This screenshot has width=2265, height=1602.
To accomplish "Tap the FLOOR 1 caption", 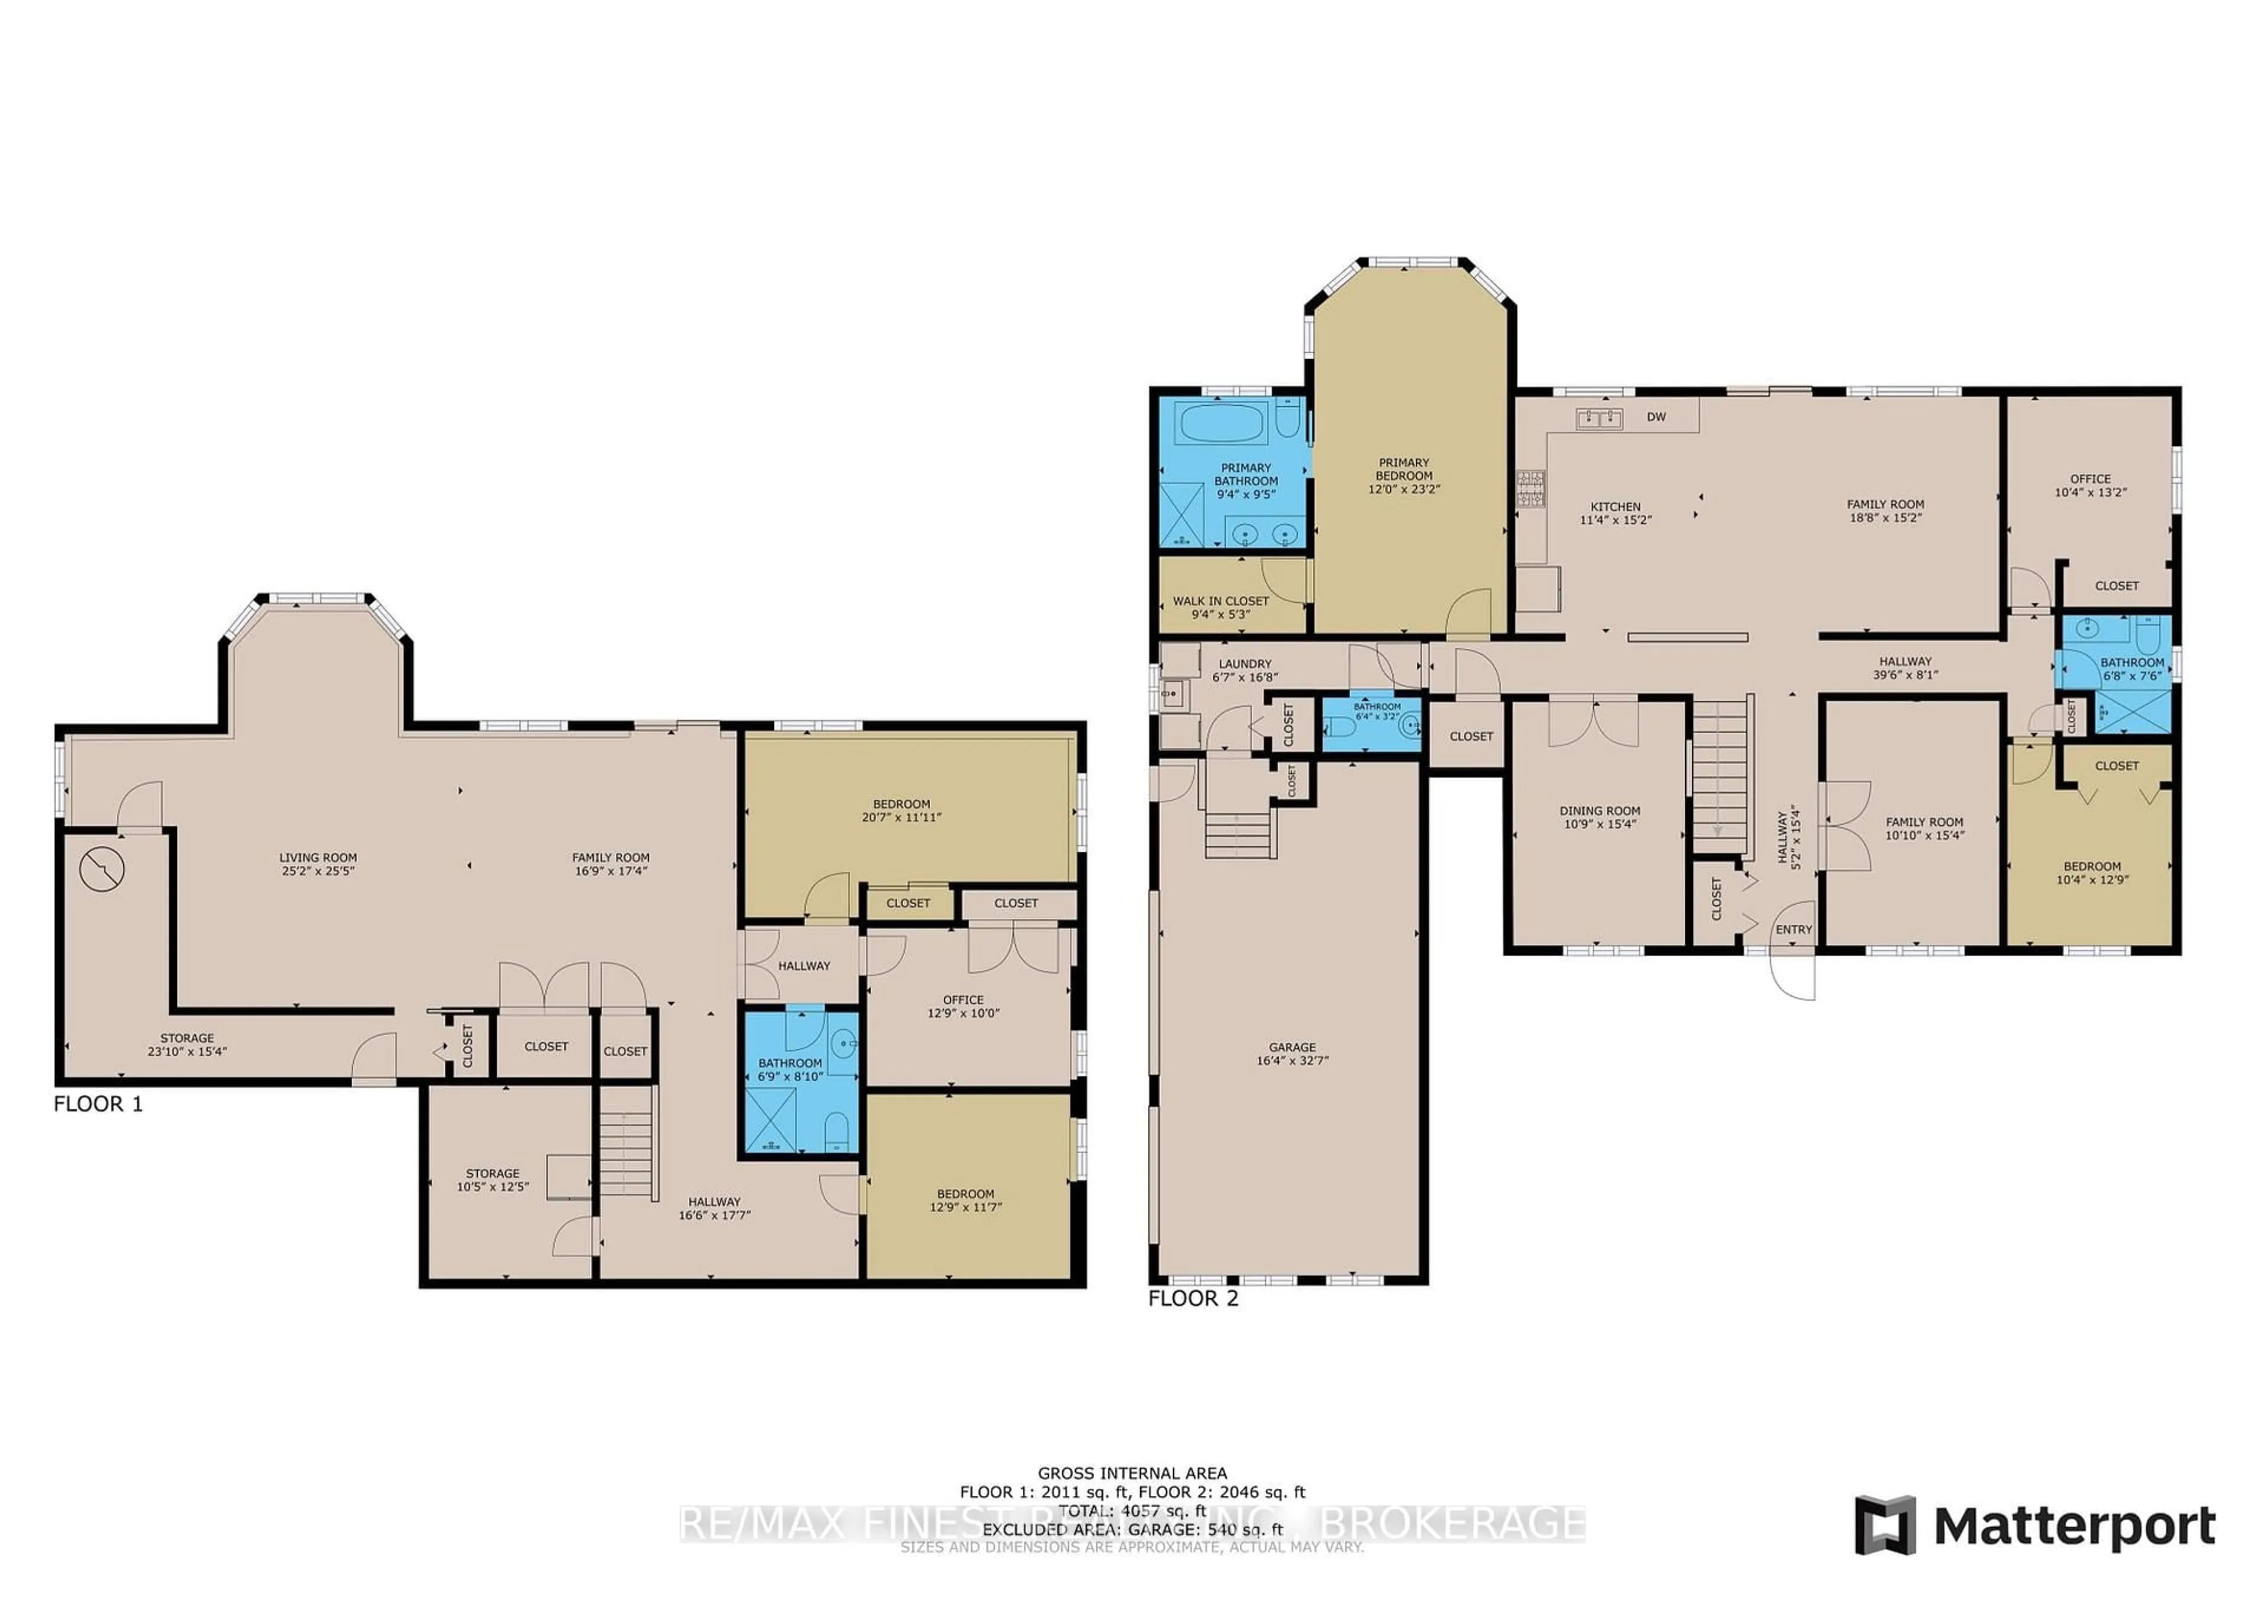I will tap(98, 1104).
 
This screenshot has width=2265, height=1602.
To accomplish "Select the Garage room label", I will tap(1292, 1053).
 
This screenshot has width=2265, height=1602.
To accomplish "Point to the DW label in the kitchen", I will tap(1656, 417).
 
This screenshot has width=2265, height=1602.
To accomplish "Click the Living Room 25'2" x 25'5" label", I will tap(318, 864).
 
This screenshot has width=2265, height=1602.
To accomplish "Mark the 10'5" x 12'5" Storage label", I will tap(493, 1180).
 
